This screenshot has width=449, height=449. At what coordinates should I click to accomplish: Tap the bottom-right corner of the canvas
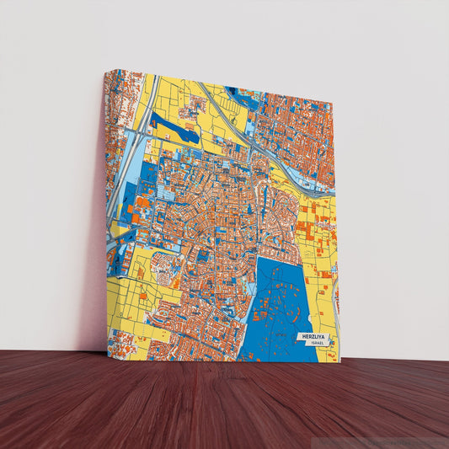pyautogui.click(x=340, y=361)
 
